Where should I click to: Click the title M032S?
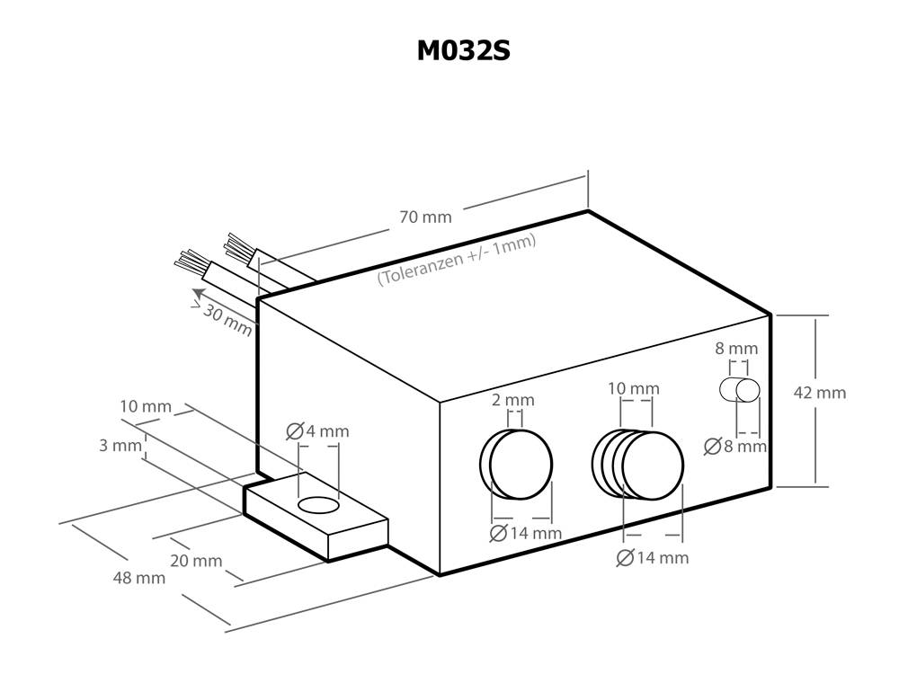463,51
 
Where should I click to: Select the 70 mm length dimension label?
425,217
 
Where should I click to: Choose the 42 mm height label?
820,393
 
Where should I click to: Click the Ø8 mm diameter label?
735,445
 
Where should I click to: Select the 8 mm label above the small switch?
736,348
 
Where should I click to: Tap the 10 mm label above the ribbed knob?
633,388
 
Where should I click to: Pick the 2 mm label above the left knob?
513,399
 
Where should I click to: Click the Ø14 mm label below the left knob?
525,533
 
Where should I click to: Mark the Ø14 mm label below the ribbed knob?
653,558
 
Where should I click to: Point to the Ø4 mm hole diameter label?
317,431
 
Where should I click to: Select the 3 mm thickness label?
120,445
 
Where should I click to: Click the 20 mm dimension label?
195,561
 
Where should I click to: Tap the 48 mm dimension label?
138,578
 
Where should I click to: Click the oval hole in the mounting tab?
318,506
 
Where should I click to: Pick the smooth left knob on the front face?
516,463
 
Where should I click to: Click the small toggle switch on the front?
740,390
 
